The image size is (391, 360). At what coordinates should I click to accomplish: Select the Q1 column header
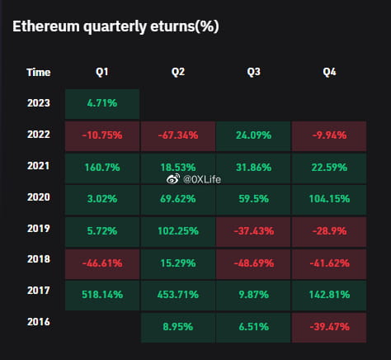click(101, 72)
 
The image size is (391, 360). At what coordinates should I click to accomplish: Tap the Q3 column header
click(253, 72)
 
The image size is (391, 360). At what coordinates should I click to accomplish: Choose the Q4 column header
click(329, 72)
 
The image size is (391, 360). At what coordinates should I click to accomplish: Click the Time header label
click(38, 72)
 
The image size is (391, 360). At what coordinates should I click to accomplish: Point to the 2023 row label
click(38, 104)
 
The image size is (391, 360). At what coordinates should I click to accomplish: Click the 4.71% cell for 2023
click(101, 104)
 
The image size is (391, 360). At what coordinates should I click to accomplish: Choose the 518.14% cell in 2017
click(101, 292)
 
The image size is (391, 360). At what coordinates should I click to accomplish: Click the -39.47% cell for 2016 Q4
click(329, 326)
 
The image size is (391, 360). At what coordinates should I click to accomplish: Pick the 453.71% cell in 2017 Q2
click(177, 292)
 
